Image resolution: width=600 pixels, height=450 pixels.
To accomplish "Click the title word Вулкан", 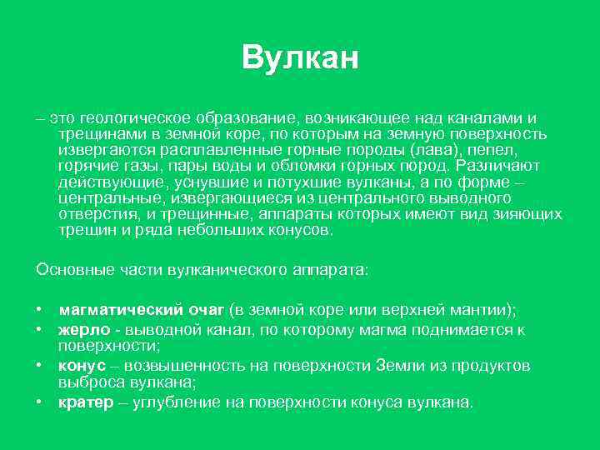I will click(300, 58).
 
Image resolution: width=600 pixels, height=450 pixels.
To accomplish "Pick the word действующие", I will click(111, 181).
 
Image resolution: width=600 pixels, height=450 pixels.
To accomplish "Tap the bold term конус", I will click(82, 366).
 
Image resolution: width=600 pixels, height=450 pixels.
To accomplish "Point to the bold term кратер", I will click(85, 402).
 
